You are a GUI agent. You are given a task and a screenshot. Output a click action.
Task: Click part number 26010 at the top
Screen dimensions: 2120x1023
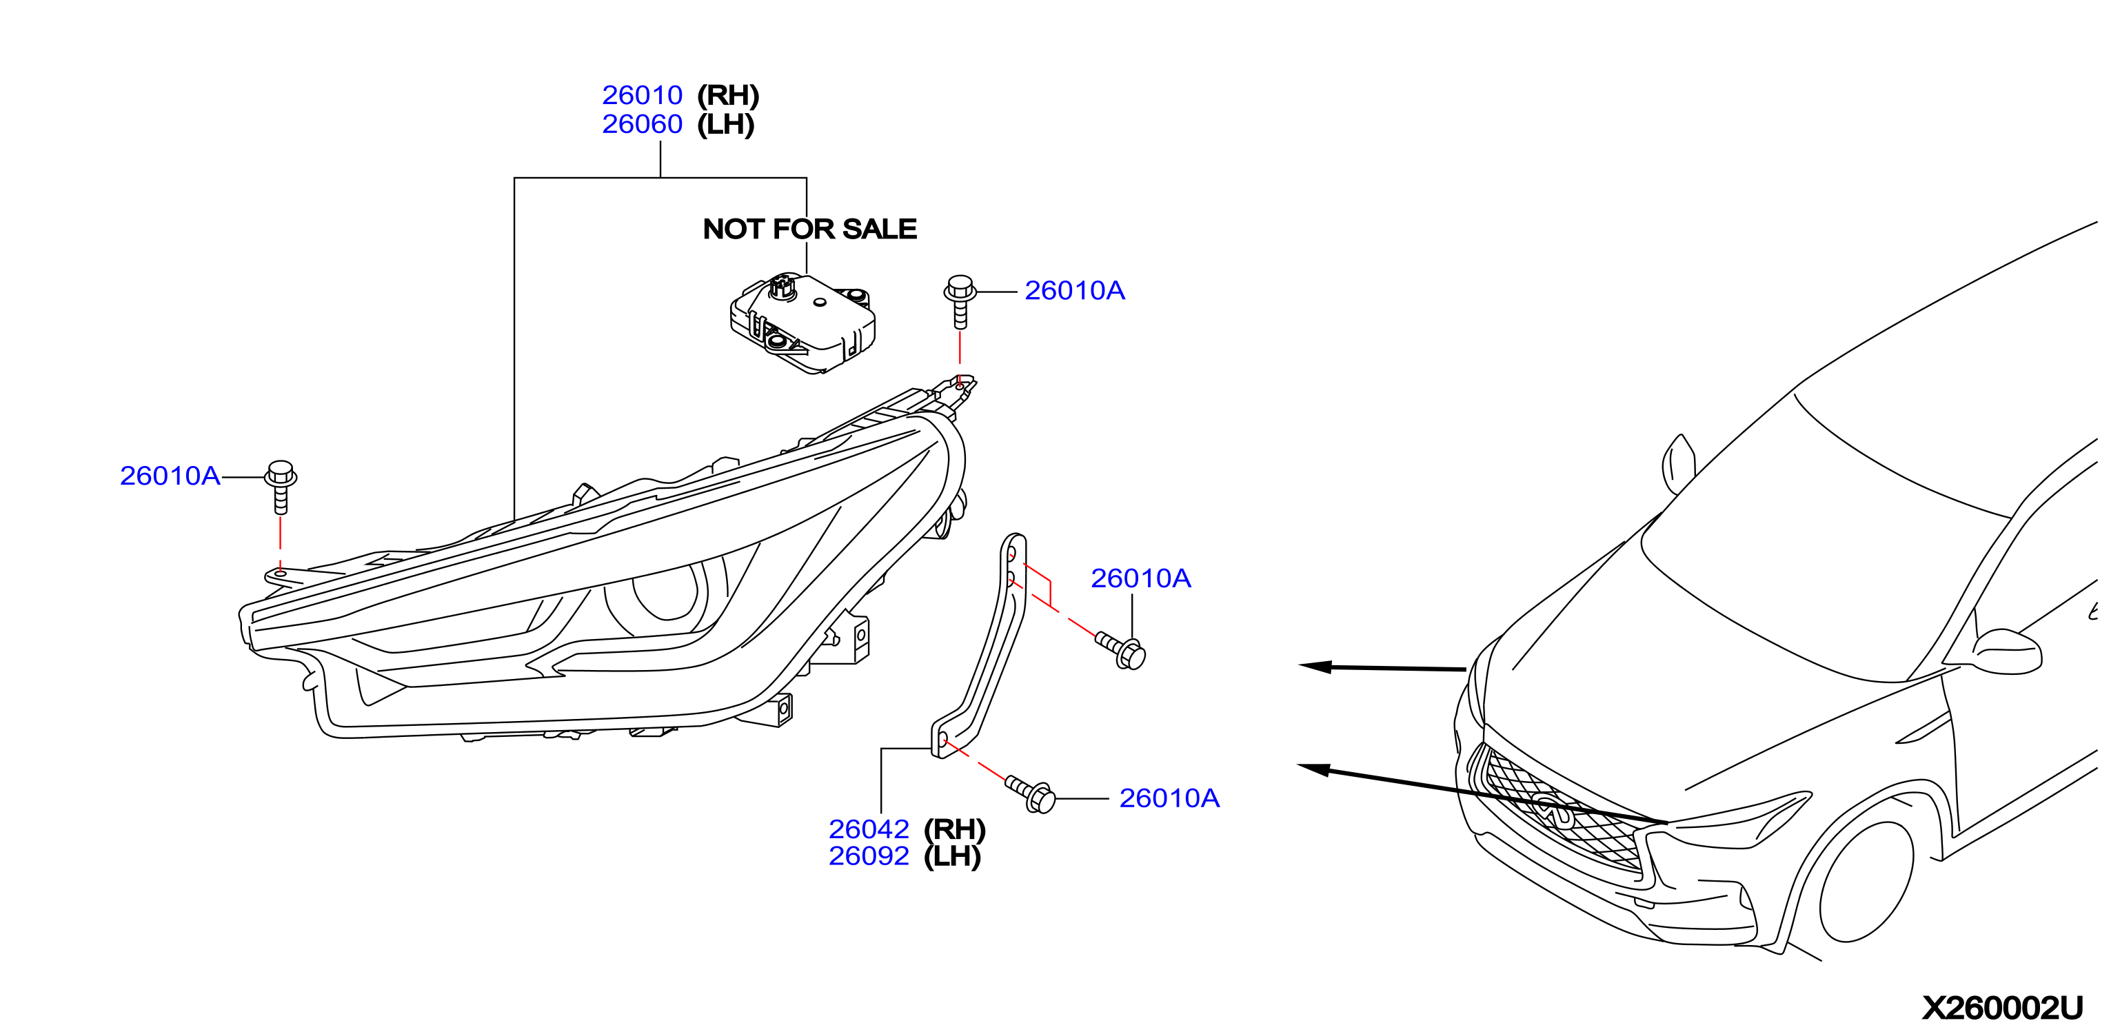coord(642,95)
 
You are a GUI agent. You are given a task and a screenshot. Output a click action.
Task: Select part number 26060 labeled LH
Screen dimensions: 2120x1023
coord(642,124)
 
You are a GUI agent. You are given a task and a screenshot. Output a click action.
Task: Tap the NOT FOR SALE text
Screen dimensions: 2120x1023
coord(810,229)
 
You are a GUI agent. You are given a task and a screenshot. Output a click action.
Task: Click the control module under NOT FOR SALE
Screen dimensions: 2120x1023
coord(802,323)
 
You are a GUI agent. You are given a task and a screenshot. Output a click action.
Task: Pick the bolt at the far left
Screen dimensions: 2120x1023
coord(281,487)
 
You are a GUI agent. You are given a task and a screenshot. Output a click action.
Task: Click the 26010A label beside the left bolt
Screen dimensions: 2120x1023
coord(170,476)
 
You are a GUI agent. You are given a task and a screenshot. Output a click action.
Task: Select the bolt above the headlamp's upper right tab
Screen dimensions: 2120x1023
coord(960,301)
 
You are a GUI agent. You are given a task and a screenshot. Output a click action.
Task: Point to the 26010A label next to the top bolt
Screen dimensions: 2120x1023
coord(1075,290)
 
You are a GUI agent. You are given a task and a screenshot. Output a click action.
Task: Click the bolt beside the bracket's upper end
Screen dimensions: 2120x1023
coord(1121,650)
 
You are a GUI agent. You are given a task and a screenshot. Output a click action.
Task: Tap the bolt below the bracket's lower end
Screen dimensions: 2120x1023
coord(1031,794)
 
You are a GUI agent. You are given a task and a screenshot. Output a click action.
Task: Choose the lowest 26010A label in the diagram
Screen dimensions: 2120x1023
coord(1169,798)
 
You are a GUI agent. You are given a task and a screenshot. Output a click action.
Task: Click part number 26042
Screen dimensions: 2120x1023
coord(869,829)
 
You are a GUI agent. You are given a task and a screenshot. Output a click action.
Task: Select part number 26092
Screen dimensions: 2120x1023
coord(869,856)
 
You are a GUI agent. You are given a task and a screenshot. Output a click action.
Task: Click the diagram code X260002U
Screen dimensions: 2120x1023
coord(2002,1007)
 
